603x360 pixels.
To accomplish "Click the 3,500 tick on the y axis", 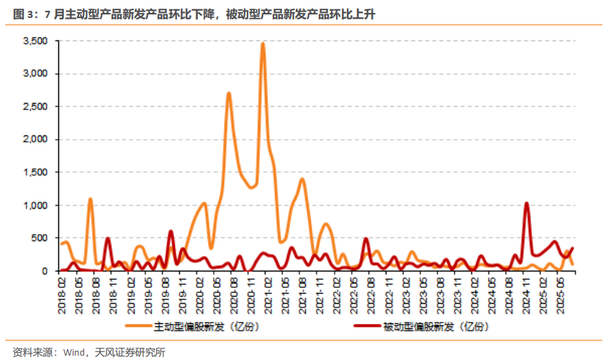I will click(x=35, y=42).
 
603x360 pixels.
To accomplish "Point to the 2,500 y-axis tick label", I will click(x=35, y=107).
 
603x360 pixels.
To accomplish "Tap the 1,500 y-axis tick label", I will click(x=35, y=173).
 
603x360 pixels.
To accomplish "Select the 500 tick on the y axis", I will click(x=40, y=238).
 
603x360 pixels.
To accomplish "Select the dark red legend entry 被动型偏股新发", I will click(x=432, y=326).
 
